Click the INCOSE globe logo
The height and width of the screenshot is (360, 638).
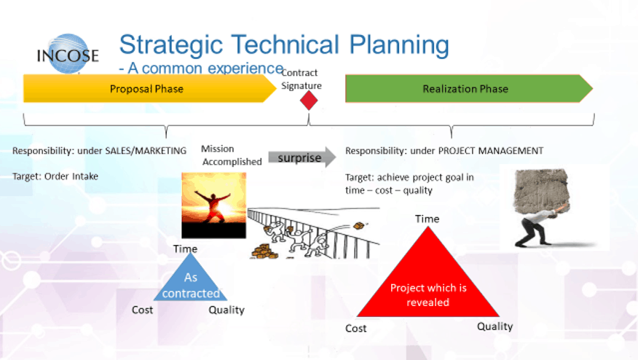(68, 54)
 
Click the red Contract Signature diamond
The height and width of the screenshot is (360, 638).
(309, 100)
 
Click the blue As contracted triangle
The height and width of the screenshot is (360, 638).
(190, 279)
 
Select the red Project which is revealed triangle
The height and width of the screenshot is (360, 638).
(428, 273)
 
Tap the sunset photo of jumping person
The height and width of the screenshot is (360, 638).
(213, 206)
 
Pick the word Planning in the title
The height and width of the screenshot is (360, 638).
(399, 44)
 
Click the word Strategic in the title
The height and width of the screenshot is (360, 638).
(171, 44)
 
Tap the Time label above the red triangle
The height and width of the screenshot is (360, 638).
(428, 219)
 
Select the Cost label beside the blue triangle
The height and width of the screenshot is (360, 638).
(143, 310)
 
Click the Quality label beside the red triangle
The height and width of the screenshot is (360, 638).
(495, 326)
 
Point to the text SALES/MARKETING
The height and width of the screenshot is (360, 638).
(146, 151)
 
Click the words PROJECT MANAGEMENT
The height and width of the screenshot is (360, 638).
(491, 151)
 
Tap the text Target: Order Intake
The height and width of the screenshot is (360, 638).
(55, 176)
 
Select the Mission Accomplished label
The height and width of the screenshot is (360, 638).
(232, 155)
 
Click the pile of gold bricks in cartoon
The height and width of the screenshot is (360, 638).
(264, 251)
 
